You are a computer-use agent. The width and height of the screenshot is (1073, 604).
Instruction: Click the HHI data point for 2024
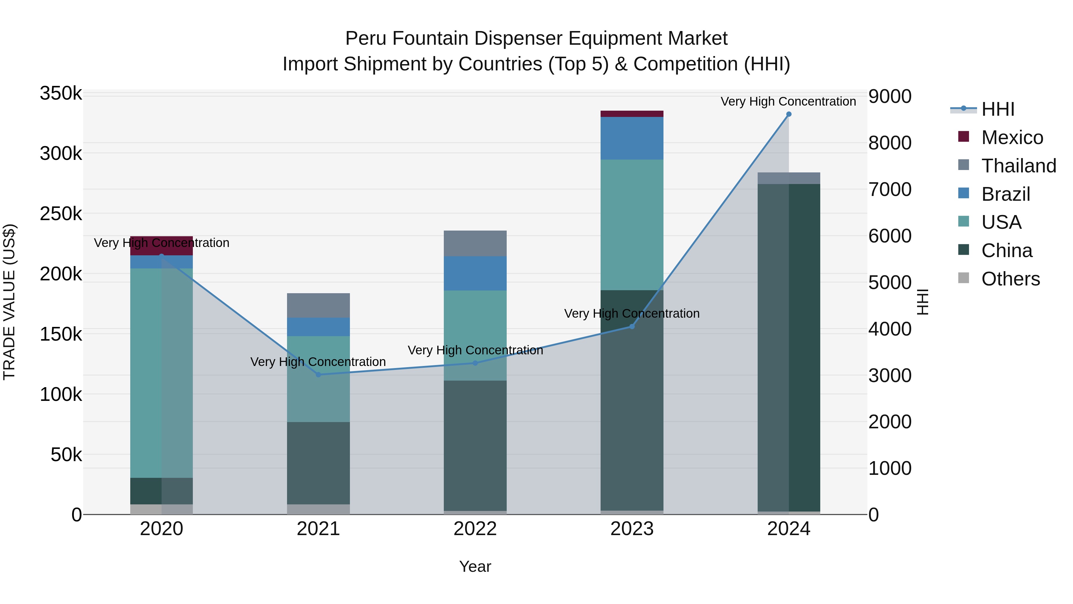pyautogui.click(x=788, y=114)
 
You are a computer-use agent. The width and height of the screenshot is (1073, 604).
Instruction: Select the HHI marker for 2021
pyautogui.click(x=318, y=374)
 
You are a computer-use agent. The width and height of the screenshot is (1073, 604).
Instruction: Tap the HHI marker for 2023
pyautogui.click(x=632, y=326)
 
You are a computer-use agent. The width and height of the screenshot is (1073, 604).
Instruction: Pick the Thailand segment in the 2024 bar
pyautogui.click(x=788, y=178)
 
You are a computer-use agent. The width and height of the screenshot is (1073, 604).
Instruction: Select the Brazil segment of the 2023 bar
pyautogui.click(x=632, y=138)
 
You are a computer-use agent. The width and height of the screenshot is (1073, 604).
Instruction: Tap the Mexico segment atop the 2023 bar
pyautogui.click(x=632, y=114)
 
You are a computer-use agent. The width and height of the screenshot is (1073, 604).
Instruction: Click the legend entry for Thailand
pyautogui.click(x=1018, y=166)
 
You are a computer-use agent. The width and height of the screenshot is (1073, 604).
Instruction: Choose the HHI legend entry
pyautogui.click(x=998, y=109)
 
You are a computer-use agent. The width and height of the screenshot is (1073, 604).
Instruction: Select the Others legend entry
pyautogui.click(x=1010, y=279)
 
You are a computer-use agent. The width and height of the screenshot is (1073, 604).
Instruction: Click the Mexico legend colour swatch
pyautogui.click(x=963, y=136)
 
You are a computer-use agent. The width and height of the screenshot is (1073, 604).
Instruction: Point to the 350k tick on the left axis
pyautogui.click(x=61, y=93)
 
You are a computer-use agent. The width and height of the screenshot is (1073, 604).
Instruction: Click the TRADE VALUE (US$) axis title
pyautogui.click(x=9, y=302)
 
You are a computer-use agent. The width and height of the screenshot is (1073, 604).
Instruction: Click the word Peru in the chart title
pyautogui.click(x=365, y=38)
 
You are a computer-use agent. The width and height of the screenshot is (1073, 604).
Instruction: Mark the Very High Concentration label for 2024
pyautogui.click(x=788, y=101)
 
